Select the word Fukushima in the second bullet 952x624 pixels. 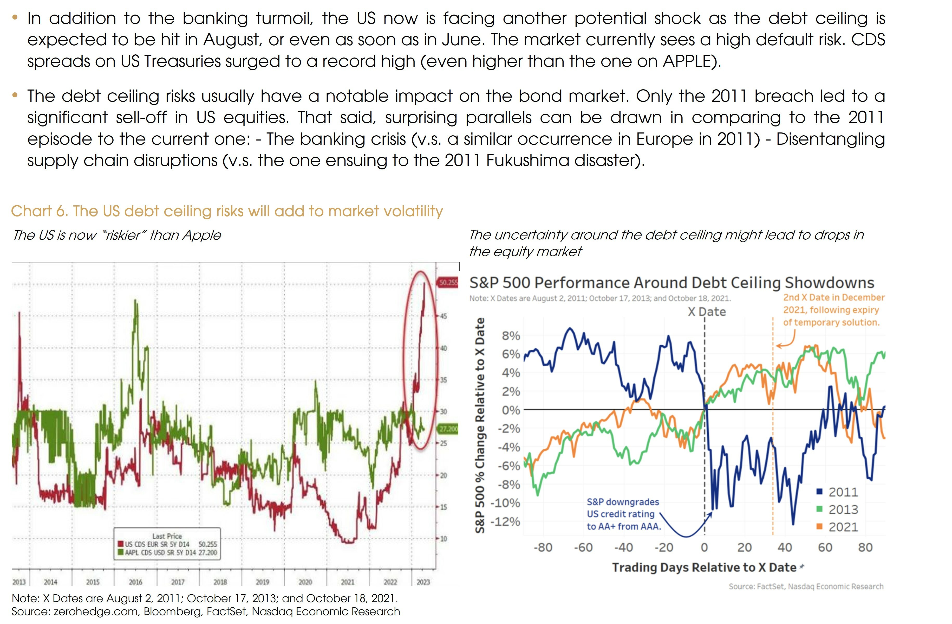coord(527,161)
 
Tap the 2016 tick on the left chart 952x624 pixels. coord(135,582)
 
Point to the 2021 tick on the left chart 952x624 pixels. coord(347,582)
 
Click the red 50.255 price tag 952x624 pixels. coord(448,283)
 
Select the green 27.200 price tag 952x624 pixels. coord(448,429)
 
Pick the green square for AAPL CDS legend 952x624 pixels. coord(120,553)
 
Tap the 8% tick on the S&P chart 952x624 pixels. coord(511,336)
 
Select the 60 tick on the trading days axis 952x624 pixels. coord(825,547)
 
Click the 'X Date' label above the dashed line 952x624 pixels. coord(706,312)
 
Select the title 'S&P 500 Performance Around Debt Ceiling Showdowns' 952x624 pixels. coord(671,283)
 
